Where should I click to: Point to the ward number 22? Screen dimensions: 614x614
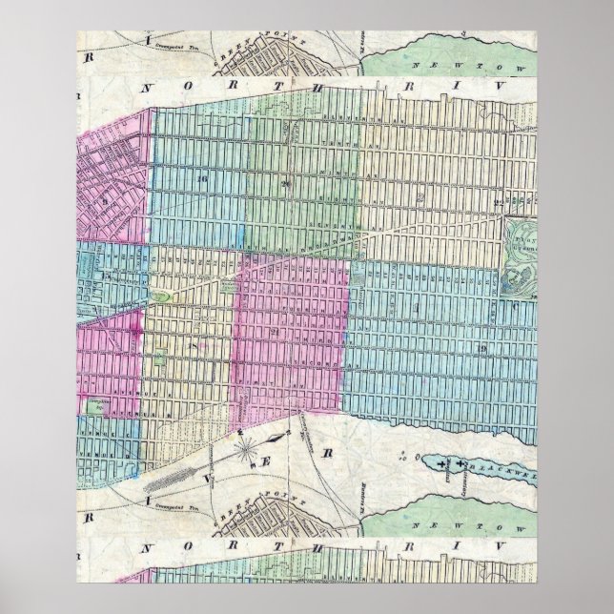pos(498,203)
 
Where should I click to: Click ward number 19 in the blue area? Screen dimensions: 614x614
pos(483,349)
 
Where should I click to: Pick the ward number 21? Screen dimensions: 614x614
pos(274,330)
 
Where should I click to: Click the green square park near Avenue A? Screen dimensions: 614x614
pos(94,404)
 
